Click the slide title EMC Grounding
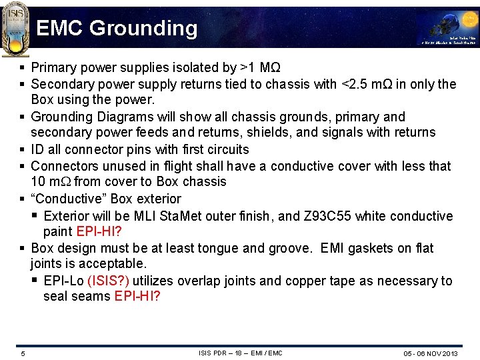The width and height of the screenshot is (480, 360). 117,28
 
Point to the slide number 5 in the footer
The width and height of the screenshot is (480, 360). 23,353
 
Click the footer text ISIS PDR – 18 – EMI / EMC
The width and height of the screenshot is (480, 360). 240,353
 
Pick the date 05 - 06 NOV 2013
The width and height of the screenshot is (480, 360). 430,353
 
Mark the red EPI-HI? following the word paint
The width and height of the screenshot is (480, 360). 99,231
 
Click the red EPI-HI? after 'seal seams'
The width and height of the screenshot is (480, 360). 137,296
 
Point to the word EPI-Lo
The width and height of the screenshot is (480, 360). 63,281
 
